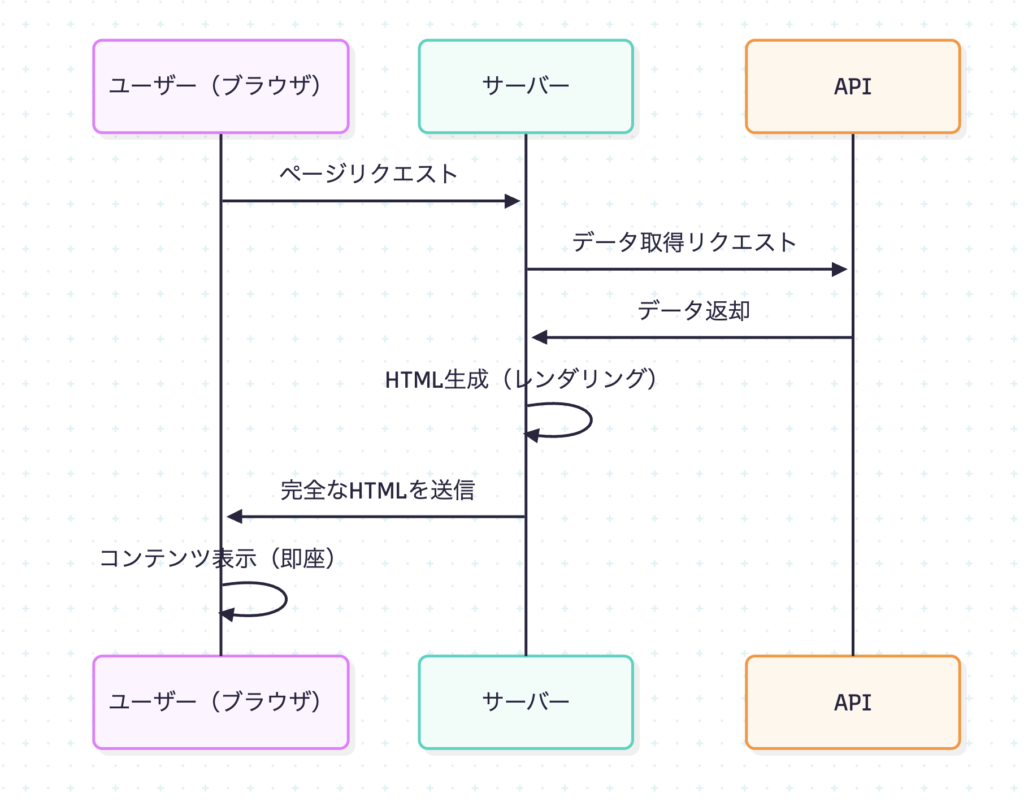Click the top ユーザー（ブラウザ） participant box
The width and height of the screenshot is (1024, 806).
[x=220, y=86]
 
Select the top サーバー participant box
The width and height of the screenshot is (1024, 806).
[x=526, y=86]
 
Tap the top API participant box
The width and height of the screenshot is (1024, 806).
[x=852, y=86]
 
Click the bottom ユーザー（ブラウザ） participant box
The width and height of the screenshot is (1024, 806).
[x=220, y=702]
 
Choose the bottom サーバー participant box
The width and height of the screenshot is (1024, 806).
[x=526, y=702]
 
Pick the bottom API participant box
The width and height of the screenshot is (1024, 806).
[x=852, y=702]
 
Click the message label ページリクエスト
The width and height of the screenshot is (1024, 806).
[x=368, y=174]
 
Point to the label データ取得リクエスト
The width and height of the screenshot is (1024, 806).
[x=684, y=242]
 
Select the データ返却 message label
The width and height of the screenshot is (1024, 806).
[x=693, y=311]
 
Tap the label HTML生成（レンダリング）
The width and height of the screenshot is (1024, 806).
[x=521, y=379]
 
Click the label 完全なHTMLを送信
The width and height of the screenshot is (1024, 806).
[x=378, y=490]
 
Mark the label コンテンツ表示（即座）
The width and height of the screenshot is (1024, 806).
[x=218, y=558]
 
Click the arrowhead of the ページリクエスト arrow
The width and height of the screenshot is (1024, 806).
[x=513, y=201]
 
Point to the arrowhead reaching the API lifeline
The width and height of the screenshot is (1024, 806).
[x=840, y=270]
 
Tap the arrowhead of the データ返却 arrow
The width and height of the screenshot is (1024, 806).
[x=539, y=337]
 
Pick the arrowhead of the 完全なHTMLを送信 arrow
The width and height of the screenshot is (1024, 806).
[x=234, y=517]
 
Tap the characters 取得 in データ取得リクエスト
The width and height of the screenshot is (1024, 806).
[x=662, y=242]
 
